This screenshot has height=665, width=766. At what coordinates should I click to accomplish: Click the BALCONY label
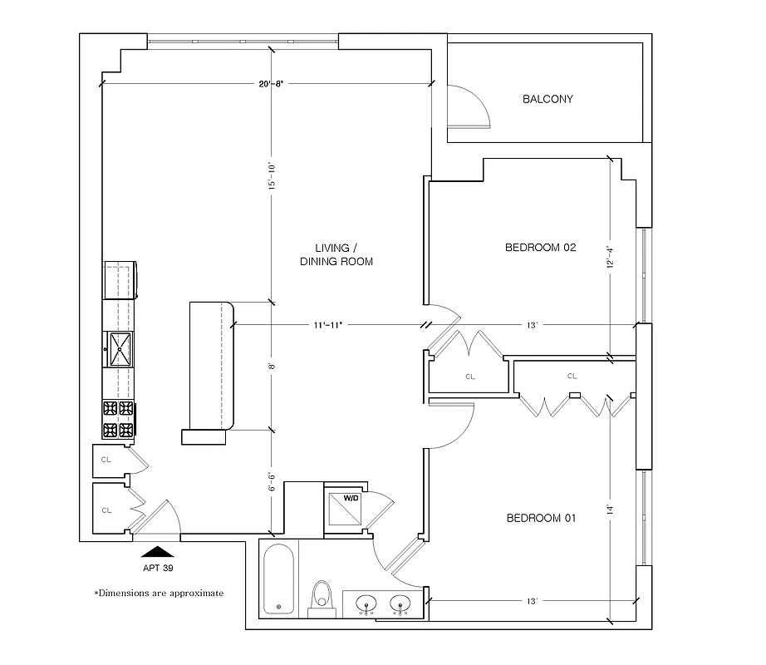[547, 99]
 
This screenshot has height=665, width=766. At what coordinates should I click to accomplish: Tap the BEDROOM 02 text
[541, 248]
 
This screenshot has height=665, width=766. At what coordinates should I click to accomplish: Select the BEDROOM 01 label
[541, 519]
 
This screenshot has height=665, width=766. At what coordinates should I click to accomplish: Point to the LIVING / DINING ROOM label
[336, 254]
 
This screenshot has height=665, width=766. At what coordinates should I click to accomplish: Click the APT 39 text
[157, 569]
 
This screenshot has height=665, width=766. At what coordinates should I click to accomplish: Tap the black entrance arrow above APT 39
[157, 550]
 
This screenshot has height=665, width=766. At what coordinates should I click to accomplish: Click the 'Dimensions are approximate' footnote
[159, 594]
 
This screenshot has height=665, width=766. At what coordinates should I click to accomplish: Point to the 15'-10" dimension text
[270, 174]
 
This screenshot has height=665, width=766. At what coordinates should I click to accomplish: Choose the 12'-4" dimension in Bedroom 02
[611, 256]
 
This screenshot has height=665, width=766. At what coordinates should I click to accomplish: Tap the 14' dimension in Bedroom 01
[611, 509]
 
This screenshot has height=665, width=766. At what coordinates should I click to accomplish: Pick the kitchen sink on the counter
[118, 348]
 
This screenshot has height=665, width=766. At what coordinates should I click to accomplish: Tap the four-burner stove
[118, 419]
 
